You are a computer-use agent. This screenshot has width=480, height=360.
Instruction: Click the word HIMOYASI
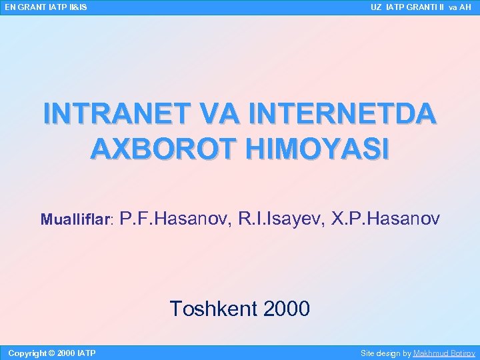[317, 149]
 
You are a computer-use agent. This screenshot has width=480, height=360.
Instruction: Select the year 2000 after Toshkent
[287, 309]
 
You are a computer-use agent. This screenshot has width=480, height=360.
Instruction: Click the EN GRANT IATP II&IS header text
[45, 7]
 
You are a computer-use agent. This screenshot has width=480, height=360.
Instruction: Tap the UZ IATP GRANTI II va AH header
[421, 7]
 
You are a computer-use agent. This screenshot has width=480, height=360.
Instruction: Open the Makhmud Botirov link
[444, 353]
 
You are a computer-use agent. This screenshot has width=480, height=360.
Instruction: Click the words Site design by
[385, 353]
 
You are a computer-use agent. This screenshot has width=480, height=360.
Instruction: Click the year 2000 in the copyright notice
[66, 353]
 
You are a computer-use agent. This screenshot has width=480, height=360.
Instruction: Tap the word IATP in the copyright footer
[87, 353]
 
